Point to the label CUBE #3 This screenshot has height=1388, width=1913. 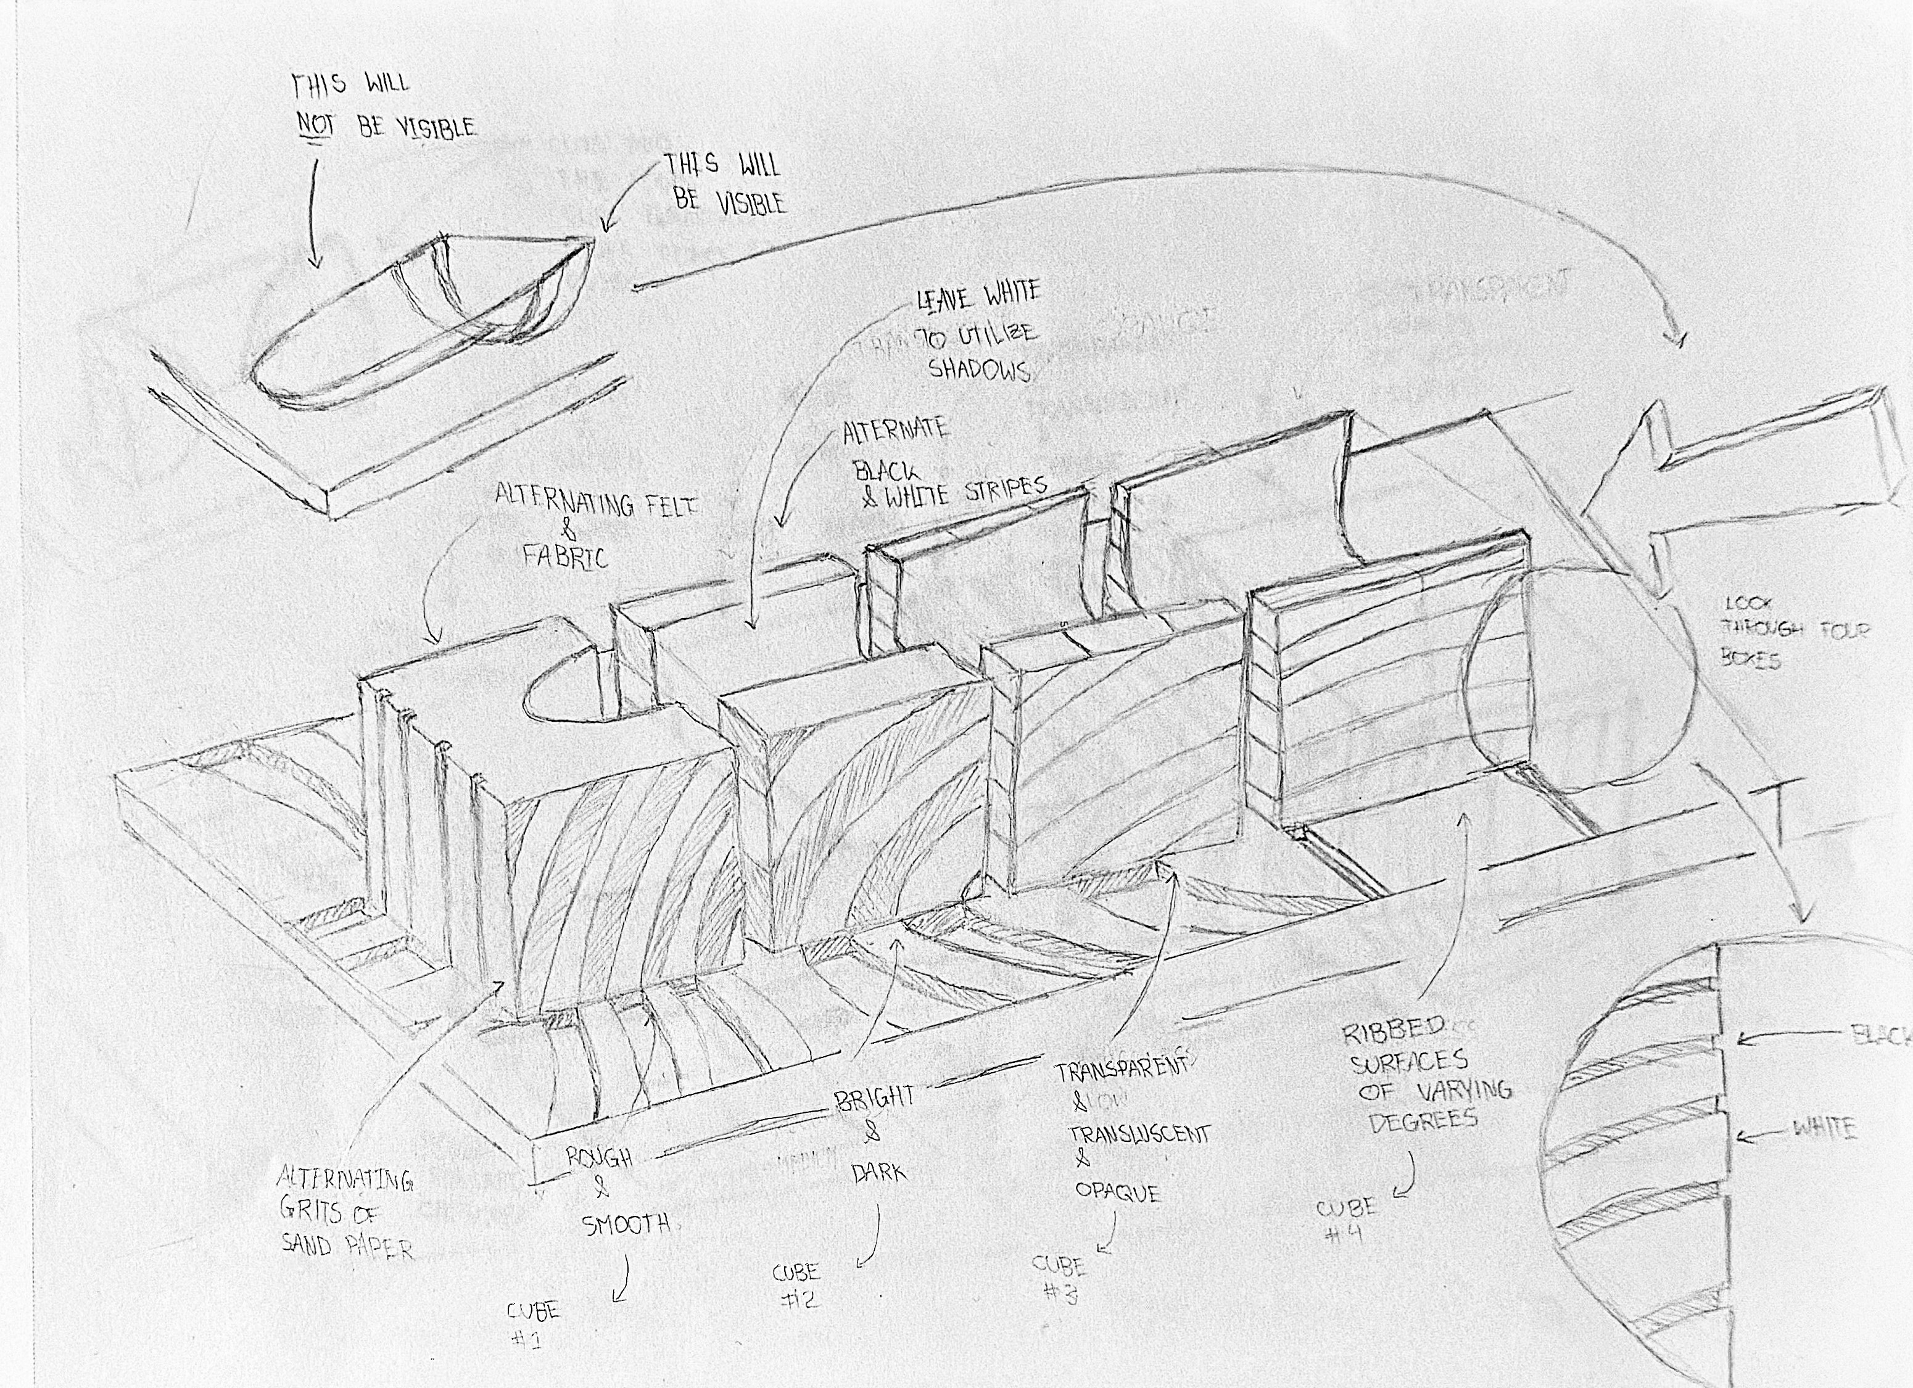[1059, 1278]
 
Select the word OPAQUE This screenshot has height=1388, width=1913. [1118, 1192]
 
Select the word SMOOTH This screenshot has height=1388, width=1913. [626, 1223]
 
